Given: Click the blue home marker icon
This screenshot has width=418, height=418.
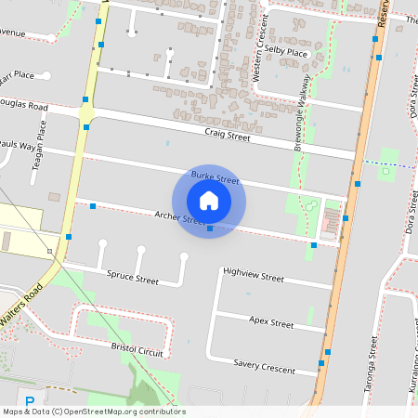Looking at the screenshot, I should coord(209,200).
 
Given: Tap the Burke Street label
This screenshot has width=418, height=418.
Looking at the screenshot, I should coord(215,177).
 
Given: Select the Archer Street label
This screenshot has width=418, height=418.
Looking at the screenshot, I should coord(180,219).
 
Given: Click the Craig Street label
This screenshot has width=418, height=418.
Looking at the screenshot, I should coord(228,136).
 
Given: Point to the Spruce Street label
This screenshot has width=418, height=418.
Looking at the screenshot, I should coord(134,278).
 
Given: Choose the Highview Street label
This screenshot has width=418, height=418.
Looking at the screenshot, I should coord(254,277).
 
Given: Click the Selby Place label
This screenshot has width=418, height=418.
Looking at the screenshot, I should coord(285,53).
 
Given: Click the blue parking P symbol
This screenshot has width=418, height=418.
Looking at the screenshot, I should coord(30,403).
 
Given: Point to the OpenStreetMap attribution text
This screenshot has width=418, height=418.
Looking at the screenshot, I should coord(94,411).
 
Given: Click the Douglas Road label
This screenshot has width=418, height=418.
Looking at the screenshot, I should coord(24,106).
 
